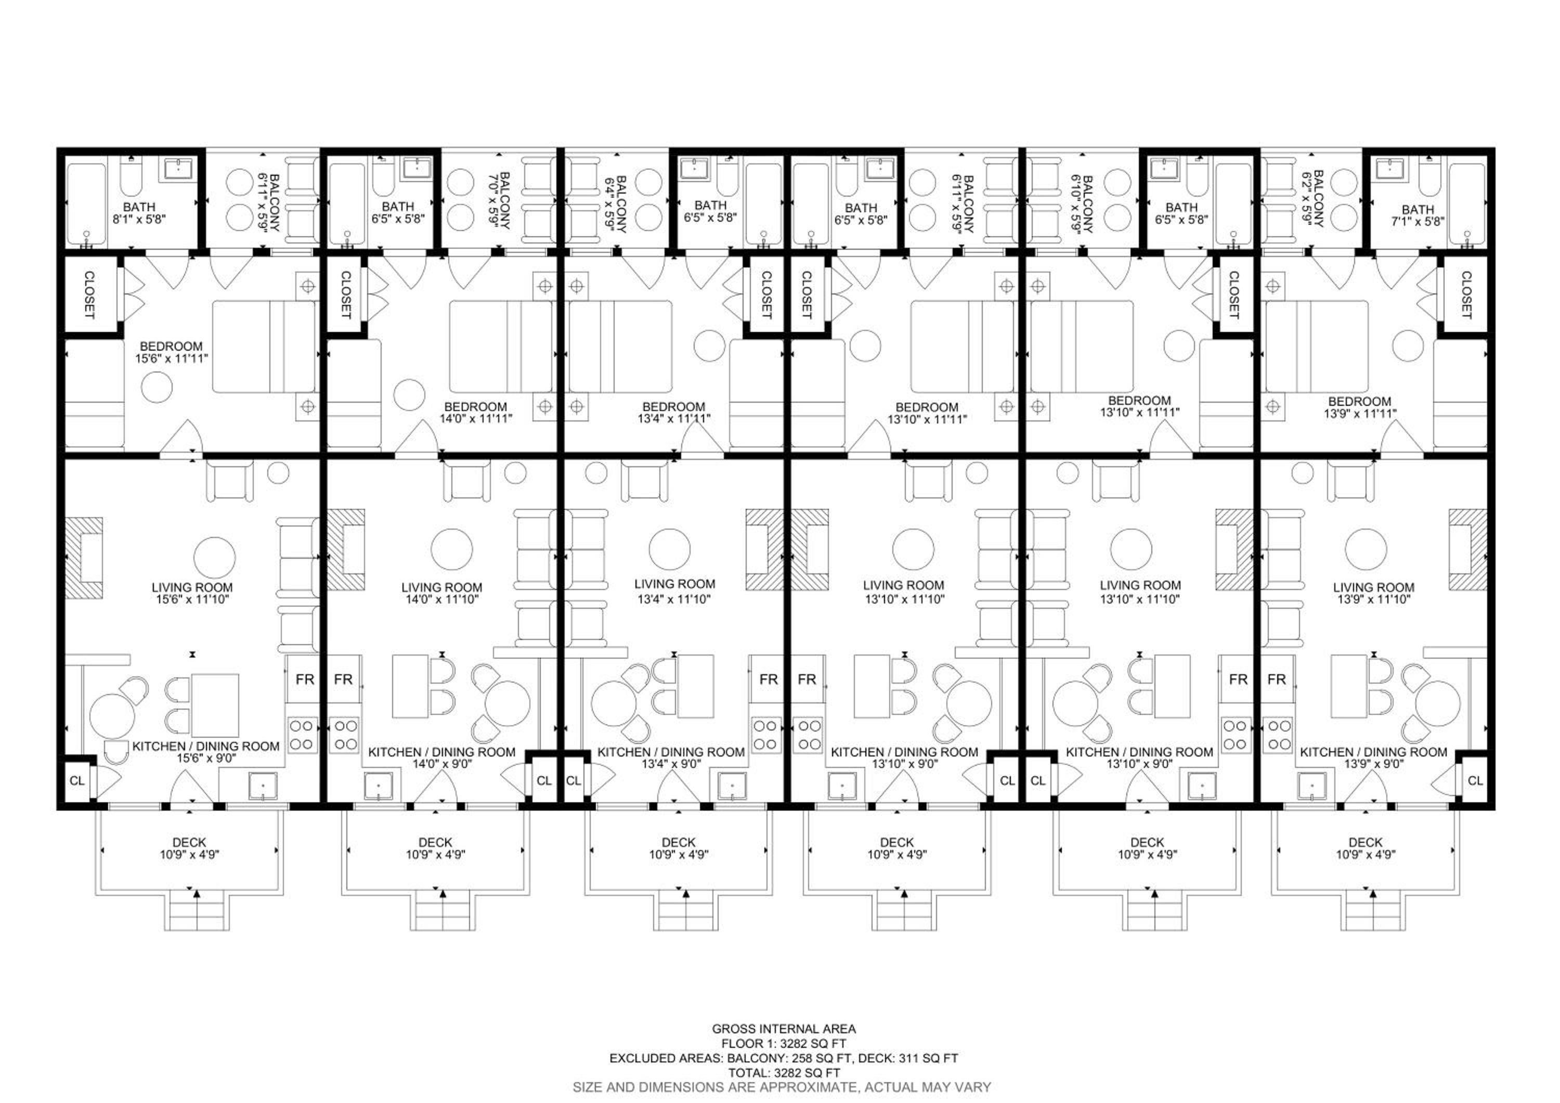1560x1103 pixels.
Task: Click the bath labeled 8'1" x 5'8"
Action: click(x=139, y=213)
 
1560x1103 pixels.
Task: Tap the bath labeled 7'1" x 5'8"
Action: click(x=1418, y=215)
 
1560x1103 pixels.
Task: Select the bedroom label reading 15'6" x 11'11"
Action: click(x=171, y=352)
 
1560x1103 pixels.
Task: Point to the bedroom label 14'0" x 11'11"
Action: click(x=476, y=413)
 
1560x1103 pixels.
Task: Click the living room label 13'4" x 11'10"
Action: click(x=674, y=591)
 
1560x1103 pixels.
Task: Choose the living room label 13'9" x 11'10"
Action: click(x=1373, y=593)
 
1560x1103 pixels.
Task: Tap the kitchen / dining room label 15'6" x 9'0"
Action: click(x=205, y=752)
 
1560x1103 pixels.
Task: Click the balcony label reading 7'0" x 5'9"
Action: click(x=498, y=200)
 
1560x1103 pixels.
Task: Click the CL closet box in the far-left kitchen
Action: click(x=77, y=781)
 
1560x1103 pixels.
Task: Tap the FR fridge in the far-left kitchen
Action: click(x=304, y=679)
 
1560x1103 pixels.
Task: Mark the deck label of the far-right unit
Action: click(x=1366, y=848)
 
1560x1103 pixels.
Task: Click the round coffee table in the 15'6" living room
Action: click(x=215, y=557)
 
